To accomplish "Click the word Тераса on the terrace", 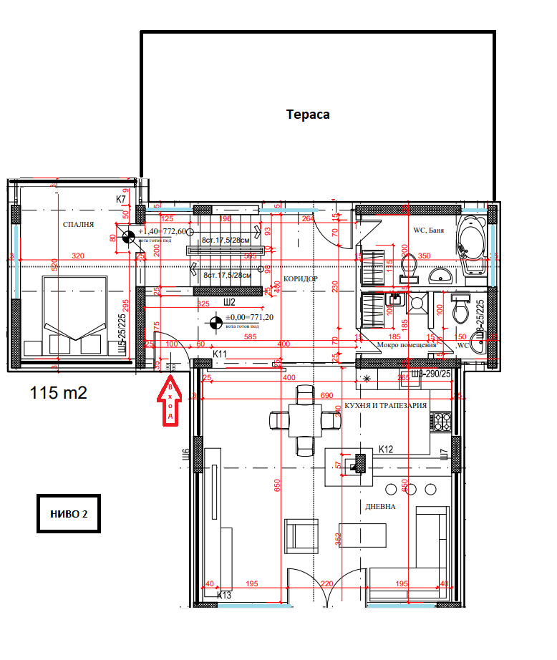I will [x=308, y=115].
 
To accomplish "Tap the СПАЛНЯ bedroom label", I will [x=79, y=225].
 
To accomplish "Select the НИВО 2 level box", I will [x=68, y=514].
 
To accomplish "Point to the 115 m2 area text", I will [x=59, y=392].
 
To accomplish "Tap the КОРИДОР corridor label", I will [x=301, y=278].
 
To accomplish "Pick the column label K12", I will [x=386, y=450].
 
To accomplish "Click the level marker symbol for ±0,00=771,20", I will [x=213, y=323].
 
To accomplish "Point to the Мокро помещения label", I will [x=407, y=344].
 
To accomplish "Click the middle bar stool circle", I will [x=412, y=489].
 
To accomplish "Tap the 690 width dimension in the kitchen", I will [x=326, y=395].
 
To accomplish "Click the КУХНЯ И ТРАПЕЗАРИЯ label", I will [x=385, y=405].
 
